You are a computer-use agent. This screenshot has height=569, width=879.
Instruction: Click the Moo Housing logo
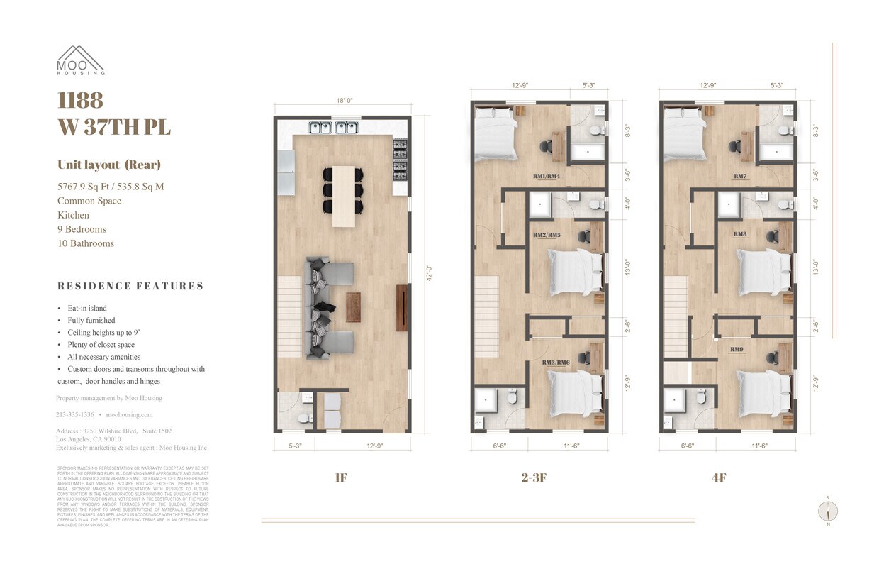81,60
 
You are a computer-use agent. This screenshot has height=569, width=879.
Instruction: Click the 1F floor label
341,478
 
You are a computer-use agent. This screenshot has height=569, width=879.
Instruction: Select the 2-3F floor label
533,478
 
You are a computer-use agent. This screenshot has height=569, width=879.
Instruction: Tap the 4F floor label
719,478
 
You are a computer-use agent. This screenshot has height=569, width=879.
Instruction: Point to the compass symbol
827,511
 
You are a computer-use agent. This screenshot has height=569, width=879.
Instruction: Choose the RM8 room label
739,233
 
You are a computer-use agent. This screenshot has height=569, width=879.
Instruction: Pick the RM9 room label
737,349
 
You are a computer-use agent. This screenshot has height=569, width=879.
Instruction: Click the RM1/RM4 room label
547,176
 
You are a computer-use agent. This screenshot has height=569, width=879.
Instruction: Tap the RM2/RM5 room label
547,233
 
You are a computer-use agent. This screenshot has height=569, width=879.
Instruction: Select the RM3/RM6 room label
556,363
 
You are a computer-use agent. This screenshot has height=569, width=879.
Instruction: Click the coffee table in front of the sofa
353,307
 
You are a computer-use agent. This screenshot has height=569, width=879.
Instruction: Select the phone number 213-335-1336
74,414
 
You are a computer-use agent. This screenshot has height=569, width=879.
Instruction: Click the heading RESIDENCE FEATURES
130,286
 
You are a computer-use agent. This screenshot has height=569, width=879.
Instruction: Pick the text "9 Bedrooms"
82,229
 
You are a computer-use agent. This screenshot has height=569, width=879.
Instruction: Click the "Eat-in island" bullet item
86,309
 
